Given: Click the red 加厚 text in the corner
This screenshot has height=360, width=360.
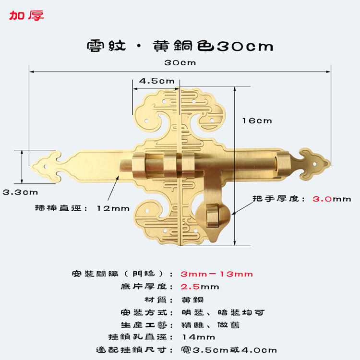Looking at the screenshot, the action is pyautogui.click(x=26, y=15).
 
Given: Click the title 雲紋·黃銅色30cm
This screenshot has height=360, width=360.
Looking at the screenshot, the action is pyautogui.click(x=180, y=46).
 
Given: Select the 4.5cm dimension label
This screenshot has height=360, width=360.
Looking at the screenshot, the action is pyautogui.click(x=156, y=81).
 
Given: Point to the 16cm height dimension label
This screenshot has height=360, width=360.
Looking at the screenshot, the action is pyautogui.click(x=257, y=120).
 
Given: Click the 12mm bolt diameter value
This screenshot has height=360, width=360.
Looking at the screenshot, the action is pyautogui.click(x=113, y=208).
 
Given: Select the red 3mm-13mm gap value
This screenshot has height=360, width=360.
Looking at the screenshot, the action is pyautogui.click(x=216, y=274).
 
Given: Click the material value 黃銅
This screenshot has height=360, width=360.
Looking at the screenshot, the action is pyautogui.click(x=189, y=300).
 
